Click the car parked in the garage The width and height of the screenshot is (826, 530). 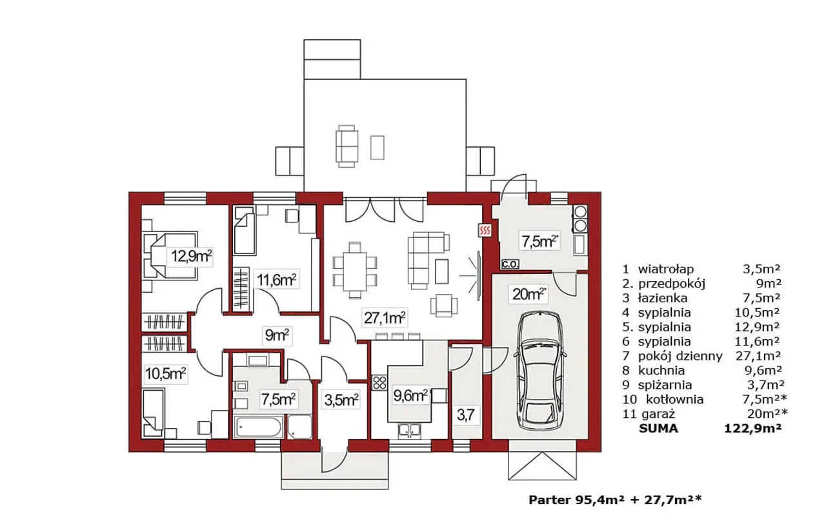pyautogui.click(x=541, y=371)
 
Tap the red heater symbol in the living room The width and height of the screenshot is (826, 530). pyautogui.click(x=485, y=231)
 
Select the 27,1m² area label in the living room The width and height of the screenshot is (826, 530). pyautogui.click(x=384, y=318)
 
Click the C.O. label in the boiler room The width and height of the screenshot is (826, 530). pyautogui.click(x=510, y=264)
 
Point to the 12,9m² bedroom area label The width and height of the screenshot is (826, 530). pyautogui.click(x=191, y=256)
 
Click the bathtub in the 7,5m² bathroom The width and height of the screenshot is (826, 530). pyautogui.click(x=259, y=427)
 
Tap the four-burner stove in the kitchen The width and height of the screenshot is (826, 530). pyautogui.click(x=379, y=383)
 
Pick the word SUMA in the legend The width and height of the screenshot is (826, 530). pyautogui.click(x=659, y=429)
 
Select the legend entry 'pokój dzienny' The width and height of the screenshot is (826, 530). pyautogui.click(x=680, y=357)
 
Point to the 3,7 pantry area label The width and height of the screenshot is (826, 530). pyautogui.click(x=465, y=415)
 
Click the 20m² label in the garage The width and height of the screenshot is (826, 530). pyautogui.click(x=529, y=295)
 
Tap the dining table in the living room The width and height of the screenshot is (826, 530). pyautogui.click(x=355, y=271)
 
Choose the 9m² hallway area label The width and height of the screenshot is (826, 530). pyautogui.click(x=277, y=335)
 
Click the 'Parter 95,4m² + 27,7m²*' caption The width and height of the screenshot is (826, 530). pyautogui.click(x=616, y=500)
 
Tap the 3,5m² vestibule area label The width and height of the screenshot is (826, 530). pyautogui.click(x=341, y=400)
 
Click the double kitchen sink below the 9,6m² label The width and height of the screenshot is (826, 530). pyautogui.click(x=409, y=429)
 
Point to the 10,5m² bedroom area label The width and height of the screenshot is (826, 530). pyautogui.click(x=165, y=374)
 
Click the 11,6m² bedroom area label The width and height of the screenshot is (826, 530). pyautogui.click(x=277, y=280)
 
